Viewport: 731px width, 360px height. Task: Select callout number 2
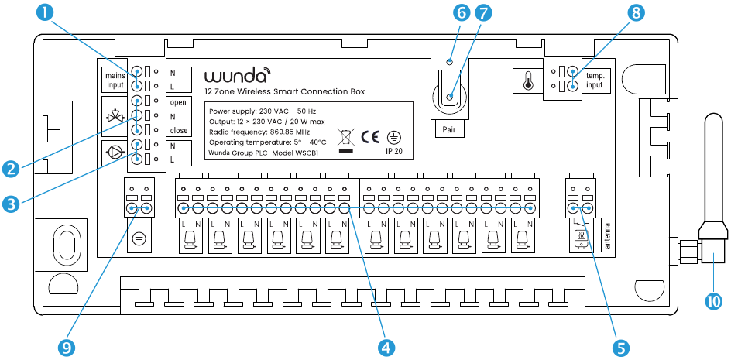click(x=12, y=166)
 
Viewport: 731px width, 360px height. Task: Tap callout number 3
click(x=12, y=205)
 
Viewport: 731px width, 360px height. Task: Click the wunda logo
click(x=238, y=76)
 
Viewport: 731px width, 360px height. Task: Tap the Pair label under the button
click(x=450, y=129)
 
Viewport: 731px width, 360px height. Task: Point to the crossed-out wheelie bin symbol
click(x=346, y=141)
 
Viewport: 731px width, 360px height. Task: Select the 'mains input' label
click(x=114, y=80)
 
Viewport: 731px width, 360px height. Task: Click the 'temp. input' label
click(x=595, y=80)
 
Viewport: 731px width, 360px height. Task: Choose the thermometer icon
click(x=528, y=81)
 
